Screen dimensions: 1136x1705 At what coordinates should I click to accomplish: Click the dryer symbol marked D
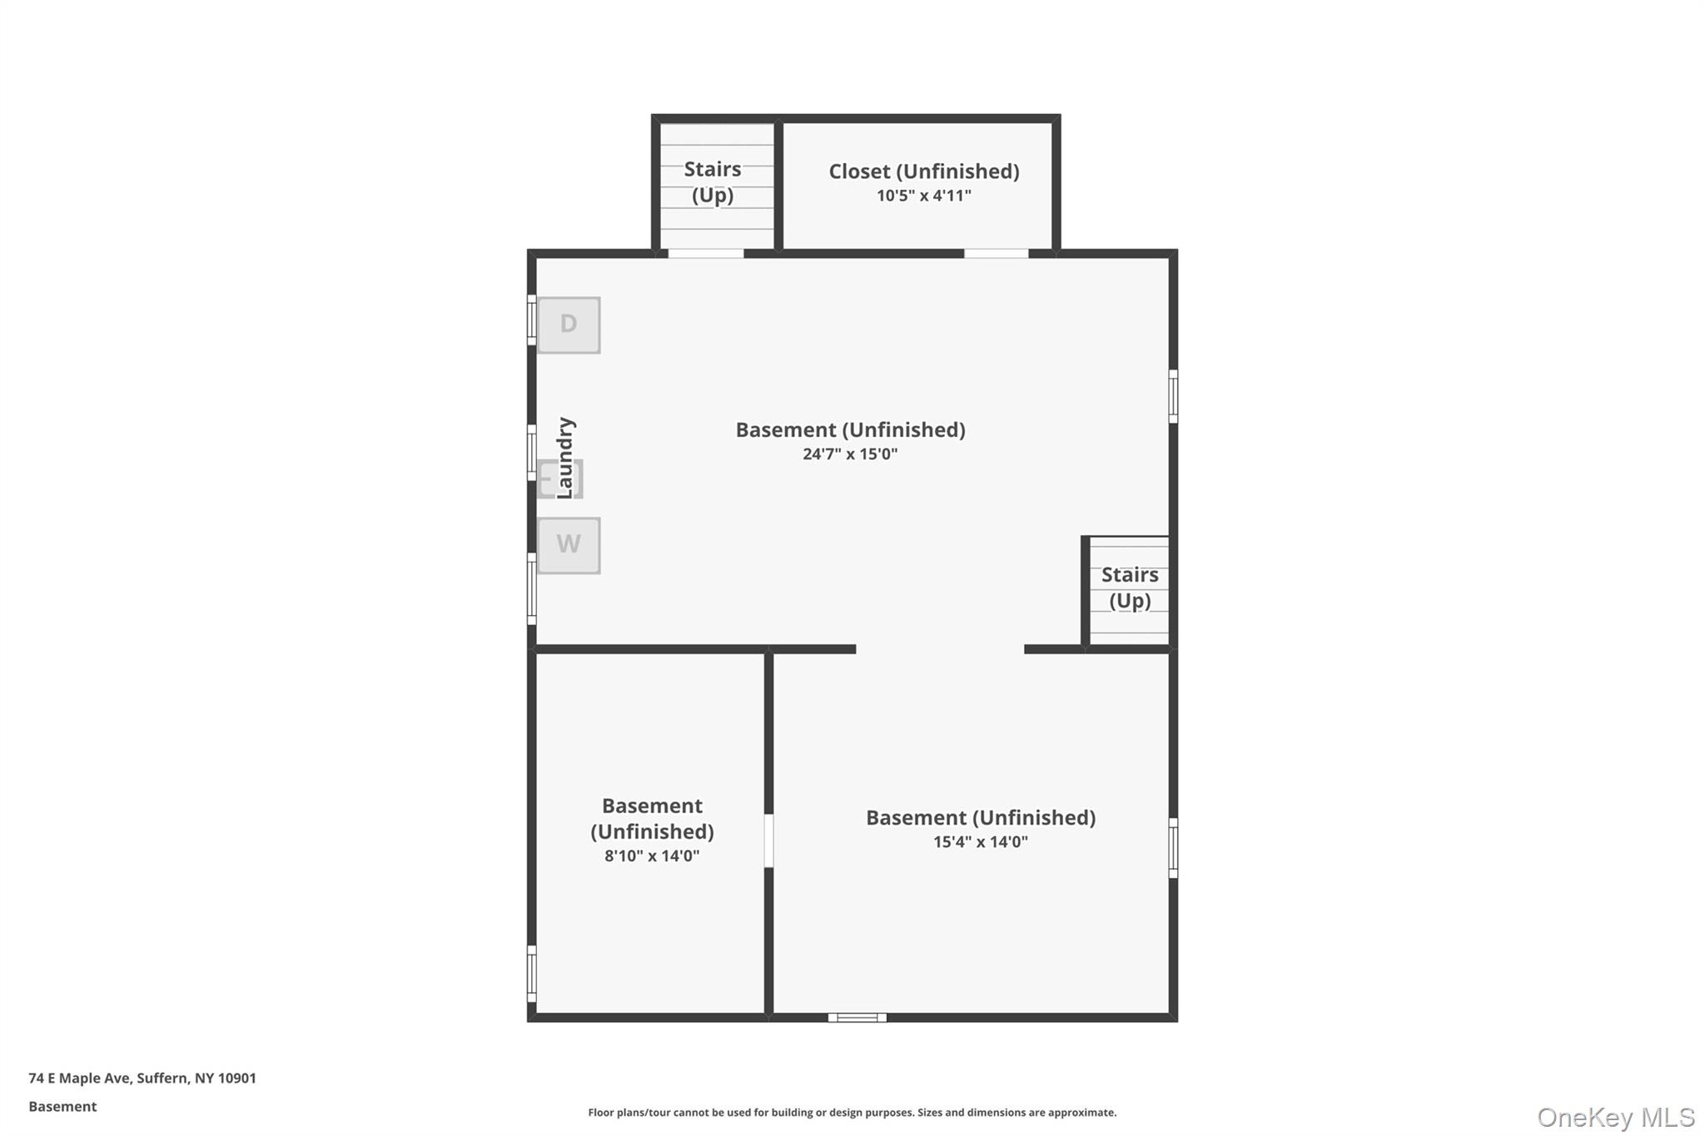pyautogui.click(x=569, y=325)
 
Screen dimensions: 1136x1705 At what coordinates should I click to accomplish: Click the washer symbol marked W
pyautogui.click(x=569, y=545)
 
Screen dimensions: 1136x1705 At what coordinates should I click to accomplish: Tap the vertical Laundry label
pyautogui.click(x=565, y=458)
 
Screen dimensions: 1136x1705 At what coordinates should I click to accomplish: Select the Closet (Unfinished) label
pyautogui.click(x=923, y=171)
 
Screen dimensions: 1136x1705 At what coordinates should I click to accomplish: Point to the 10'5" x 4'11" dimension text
pyautogui.click(x=923, y=196)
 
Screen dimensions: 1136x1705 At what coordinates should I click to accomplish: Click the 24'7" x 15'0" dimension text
pyautogui.click(x=850, y=454)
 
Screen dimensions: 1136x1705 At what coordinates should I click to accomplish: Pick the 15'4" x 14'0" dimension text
pyautogui.click(x=980, y=842)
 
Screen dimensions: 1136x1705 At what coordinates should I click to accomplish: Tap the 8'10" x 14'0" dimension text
pyautogui.click(x=652, y=856)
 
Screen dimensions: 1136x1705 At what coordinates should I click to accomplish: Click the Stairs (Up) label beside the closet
pyautogui.click(x=713, y=181)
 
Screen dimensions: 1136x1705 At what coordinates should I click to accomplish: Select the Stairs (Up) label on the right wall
pyautogui.click(x=1130, y=588)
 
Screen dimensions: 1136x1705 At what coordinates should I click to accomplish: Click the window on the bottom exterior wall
pyautogui.click(x=857, y=1017)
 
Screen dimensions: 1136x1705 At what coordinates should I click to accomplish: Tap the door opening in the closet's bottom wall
pyautogui.click(x=996, y=253)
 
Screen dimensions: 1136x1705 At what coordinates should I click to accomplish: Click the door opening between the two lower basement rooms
pyautogui.click(x=768, y=841)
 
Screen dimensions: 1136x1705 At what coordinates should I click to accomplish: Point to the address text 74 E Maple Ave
pyautogui.click(x=142, y=1079)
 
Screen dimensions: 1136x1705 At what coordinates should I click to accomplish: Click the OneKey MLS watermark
pyautogui.click(x=1615, y=1117)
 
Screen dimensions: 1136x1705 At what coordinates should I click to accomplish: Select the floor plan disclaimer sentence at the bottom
pyautogui.click(x=852, y=1113)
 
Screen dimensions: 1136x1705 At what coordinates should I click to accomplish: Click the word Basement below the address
pyautogui.click(x=62, y=1107)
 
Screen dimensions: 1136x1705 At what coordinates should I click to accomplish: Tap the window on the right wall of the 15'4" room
pyautogui.click(x=1173, y=847)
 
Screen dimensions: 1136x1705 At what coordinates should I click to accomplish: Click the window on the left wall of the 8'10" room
pyautogui.click(x=532, y=973)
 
